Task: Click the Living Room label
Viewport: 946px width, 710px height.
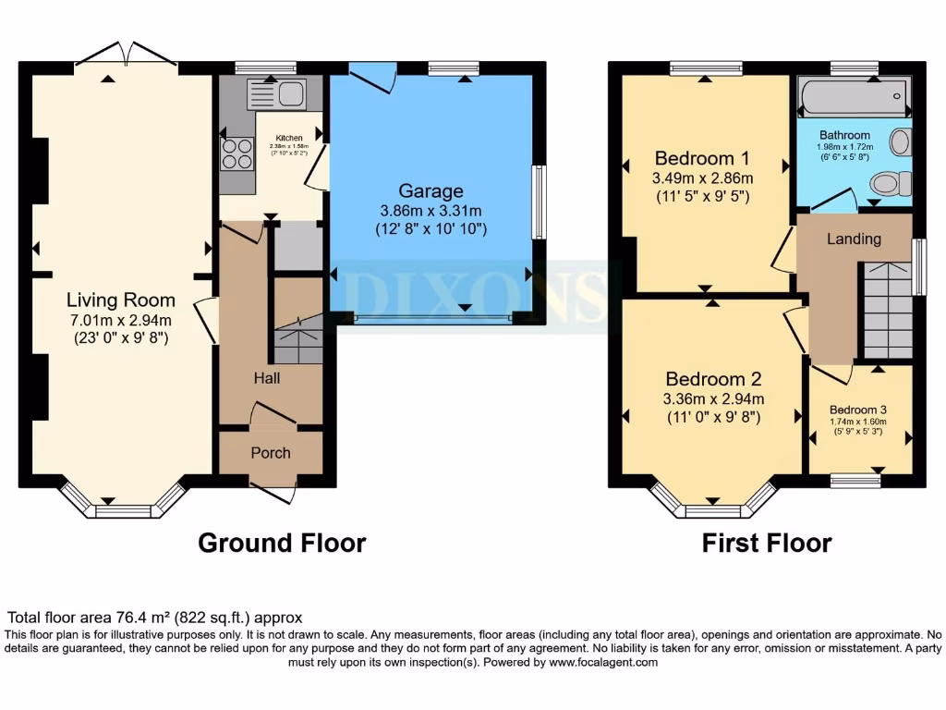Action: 121,300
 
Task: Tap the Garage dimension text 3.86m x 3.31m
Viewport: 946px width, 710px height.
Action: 431,211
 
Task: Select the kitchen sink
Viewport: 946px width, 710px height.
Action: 276,94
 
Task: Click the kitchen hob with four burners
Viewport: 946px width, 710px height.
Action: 237,153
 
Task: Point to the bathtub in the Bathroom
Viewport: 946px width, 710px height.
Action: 855,96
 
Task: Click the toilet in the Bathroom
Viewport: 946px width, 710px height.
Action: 889,183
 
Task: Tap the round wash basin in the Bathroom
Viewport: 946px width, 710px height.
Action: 900,142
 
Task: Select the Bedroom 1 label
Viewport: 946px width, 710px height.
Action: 702,156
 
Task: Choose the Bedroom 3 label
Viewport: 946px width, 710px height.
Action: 858,410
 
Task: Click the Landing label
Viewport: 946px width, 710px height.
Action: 854,239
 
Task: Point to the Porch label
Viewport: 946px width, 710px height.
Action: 271,452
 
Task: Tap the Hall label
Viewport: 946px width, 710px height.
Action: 267,377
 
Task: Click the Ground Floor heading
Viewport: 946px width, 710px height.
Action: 282,543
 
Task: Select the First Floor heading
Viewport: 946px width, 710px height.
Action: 767,543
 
